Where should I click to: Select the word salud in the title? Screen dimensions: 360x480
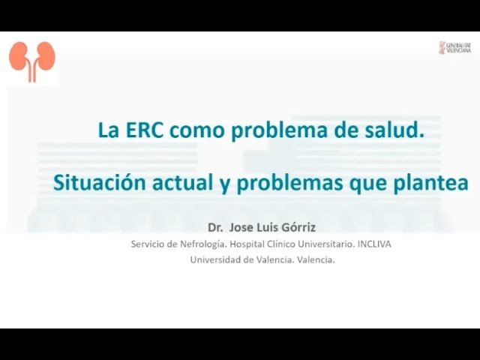[x=394, y=130]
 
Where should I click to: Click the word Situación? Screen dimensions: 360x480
[x=98, y=183]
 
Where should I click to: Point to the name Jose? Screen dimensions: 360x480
[x=241, y=226]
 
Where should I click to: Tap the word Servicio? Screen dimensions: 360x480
[x=147, y=244]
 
